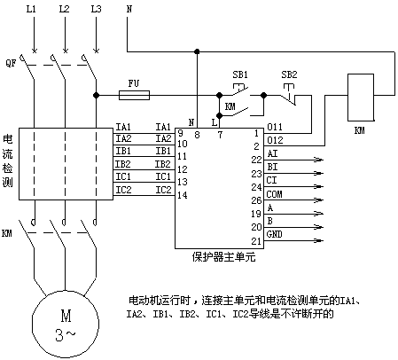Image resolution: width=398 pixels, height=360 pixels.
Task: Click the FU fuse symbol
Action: (134, 95)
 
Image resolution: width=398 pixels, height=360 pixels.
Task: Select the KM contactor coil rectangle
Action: (361, 98)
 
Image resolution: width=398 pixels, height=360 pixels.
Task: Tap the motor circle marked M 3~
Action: (66, 324)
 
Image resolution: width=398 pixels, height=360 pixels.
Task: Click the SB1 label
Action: (240, 74)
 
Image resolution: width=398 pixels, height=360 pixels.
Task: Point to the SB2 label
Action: (289, 74)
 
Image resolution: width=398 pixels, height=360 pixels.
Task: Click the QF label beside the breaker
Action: (11, 63)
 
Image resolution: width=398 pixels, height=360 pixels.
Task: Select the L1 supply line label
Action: (31, 9)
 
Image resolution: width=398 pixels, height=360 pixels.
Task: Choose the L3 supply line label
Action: (96, 9)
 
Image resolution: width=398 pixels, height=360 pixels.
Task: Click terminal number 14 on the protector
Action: (183, 195)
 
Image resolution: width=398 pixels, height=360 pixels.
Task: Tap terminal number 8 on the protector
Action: (197, 135)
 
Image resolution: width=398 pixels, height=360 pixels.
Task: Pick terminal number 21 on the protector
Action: (256, 241)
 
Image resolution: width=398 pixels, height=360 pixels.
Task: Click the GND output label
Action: (274, 234)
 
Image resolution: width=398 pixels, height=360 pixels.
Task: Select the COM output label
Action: (274, 194)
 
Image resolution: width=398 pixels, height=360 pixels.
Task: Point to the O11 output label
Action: (275, 127)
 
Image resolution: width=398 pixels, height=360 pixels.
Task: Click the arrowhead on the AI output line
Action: (318, 160)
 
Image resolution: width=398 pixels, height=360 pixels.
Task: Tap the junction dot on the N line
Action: (197, 51)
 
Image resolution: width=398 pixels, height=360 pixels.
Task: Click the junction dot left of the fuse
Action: (96, 95)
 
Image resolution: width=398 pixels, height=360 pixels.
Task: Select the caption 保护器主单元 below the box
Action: (223, 257)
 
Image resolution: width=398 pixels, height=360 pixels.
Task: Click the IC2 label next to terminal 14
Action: (163, 190)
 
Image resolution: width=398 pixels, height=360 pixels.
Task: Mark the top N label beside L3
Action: (129, 9)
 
